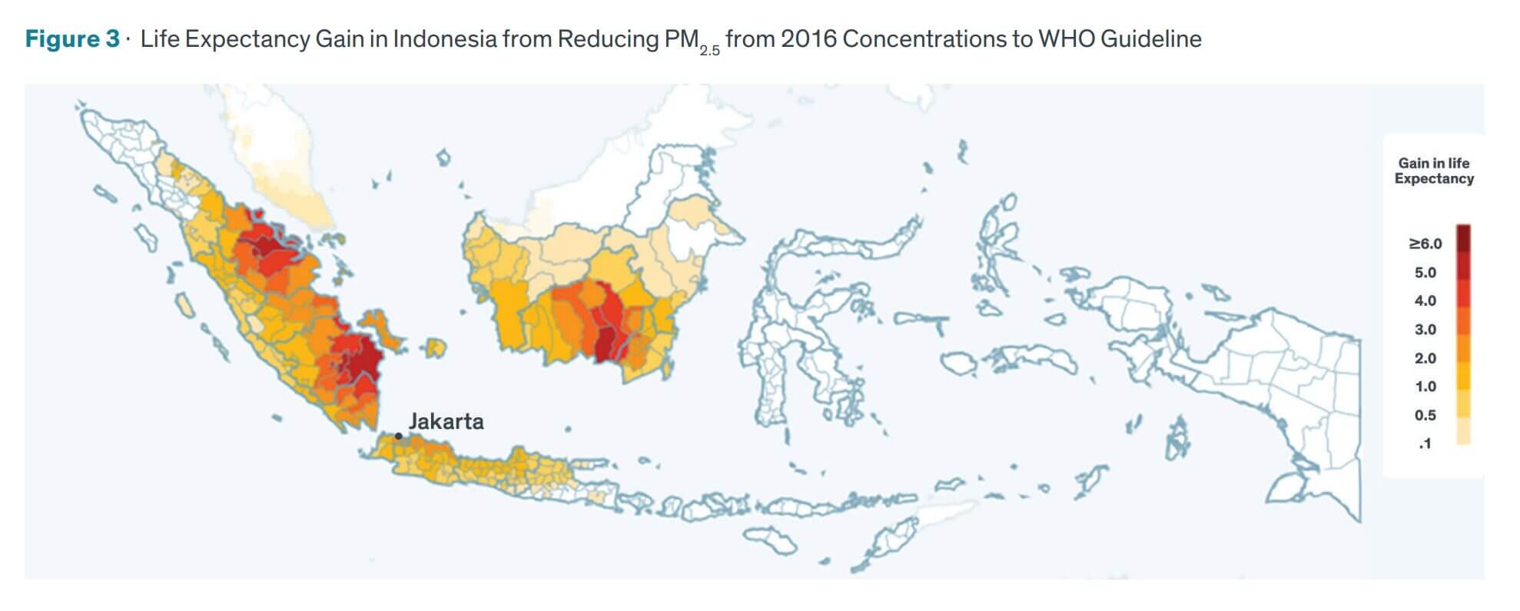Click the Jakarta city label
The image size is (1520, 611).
446,421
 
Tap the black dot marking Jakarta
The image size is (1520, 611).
399,437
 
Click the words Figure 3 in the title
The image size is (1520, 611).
72,38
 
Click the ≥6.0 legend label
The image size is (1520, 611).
1425,244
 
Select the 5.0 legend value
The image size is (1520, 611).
1425,273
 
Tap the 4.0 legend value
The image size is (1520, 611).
1425,301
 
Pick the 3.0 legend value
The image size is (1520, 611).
1425,330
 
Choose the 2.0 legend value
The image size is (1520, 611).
1425,358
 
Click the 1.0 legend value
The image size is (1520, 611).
1425,387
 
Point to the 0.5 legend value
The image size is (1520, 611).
1425,415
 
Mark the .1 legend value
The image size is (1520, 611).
1425,443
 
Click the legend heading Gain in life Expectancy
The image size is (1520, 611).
1434,171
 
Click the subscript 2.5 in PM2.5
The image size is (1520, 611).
709,51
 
